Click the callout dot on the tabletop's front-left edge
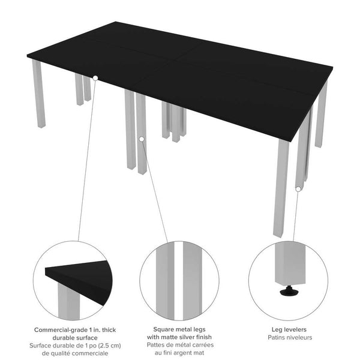(x=95, y=77)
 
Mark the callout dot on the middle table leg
(x=142, y=139)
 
